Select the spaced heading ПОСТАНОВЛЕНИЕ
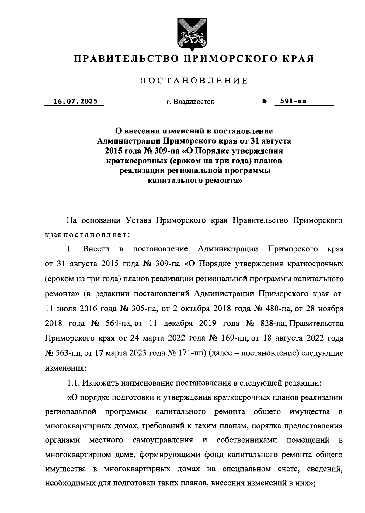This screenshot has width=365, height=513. point(194,81)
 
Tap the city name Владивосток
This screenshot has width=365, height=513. point(194,102)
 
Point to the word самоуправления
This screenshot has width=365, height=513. point(162,440)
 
